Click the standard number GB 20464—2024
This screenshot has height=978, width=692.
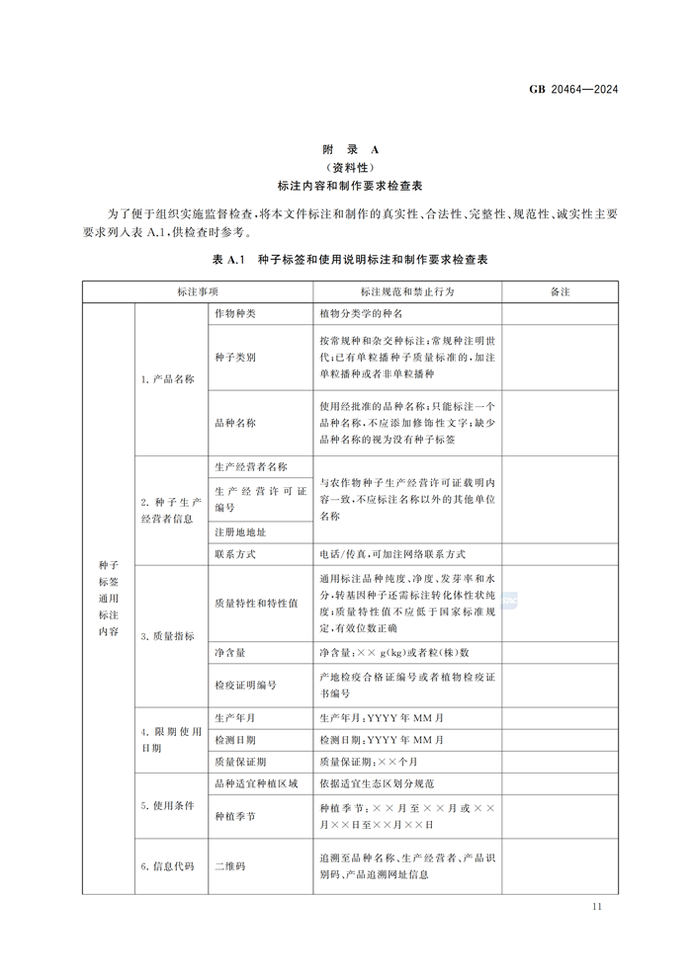(573, 90)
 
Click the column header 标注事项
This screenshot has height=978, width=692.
(198, 292)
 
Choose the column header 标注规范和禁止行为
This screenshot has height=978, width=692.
(407, 292)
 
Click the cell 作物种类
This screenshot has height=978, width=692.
(235, 314)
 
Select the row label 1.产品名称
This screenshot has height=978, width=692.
(167, 379)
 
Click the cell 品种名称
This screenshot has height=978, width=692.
(235, 422)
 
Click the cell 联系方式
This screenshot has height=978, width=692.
(235, 554)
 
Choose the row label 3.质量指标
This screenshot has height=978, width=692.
(167, 635)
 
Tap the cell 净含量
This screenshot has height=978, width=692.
(229, 653)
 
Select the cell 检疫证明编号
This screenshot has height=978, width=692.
(245, 685)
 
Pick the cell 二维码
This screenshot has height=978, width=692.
(229, 866)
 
